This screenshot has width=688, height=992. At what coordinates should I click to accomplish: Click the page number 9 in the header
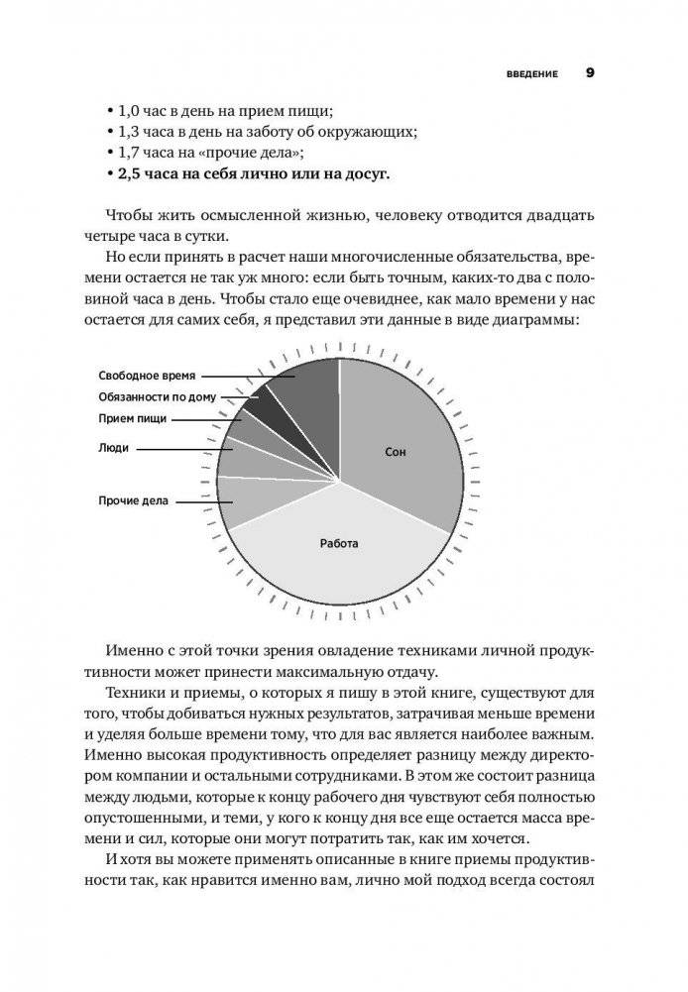coord(590,72)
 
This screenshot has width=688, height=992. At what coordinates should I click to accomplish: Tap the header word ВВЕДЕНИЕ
coord(532,73)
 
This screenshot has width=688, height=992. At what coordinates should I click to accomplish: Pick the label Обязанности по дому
coord(159,396)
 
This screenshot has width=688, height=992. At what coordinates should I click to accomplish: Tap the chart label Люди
coord(113,448)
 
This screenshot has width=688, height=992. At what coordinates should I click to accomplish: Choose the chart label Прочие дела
coord(132,501)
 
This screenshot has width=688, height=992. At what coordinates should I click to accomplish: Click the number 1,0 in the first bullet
coord(130,109)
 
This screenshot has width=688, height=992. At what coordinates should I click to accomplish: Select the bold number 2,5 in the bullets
coord(130,175)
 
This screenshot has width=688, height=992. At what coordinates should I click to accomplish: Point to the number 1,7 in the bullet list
coord(130,153)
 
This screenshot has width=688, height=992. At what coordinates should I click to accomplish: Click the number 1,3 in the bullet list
coord(130,131)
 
